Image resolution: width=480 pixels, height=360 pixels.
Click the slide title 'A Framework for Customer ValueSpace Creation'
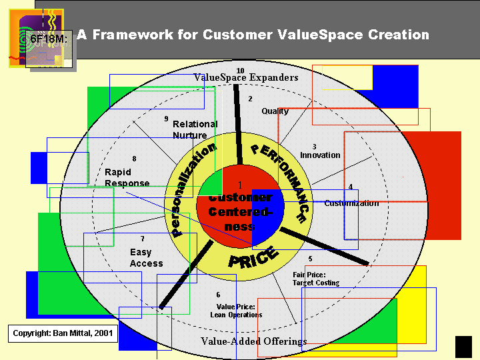pos(253,35)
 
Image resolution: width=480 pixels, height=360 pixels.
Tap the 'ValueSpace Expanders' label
pos(246,78)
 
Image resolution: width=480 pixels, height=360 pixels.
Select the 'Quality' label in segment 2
pos(275,111)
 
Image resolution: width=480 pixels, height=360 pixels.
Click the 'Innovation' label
pos(320,155)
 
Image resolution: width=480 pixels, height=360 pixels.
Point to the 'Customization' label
pos(351,203)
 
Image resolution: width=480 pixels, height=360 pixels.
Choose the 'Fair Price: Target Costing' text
pos(316,279)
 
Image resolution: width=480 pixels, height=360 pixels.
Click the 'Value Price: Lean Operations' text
pos(236,311)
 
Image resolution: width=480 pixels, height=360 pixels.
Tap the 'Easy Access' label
pos(146,258)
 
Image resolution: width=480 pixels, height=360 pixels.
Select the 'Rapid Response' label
pos(127,177)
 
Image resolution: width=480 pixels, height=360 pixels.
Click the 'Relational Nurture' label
pos(195,129)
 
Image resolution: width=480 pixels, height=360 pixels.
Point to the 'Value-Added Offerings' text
pos(254,341)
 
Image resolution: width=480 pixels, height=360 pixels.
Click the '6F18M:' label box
pos(49,39)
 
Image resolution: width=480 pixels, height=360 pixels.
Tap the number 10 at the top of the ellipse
pos(240,71)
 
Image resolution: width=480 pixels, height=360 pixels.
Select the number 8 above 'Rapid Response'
pos(134,159)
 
